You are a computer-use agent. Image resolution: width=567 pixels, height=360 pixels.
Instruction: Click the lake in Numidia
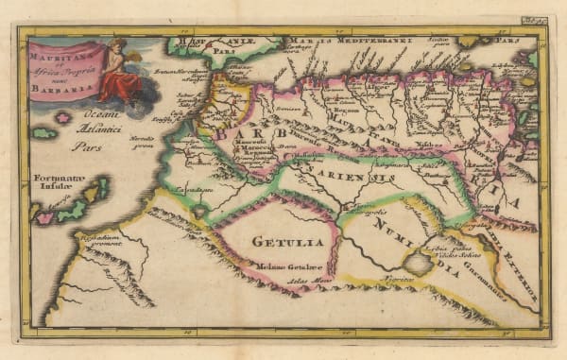point(415,262)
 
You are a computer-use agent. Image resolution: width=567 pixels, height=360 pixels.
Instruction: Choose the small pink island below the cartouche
point(63,117)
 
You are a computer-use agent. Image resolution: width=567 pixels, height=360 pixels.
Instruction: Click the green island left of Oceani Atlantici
point(43,133)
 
